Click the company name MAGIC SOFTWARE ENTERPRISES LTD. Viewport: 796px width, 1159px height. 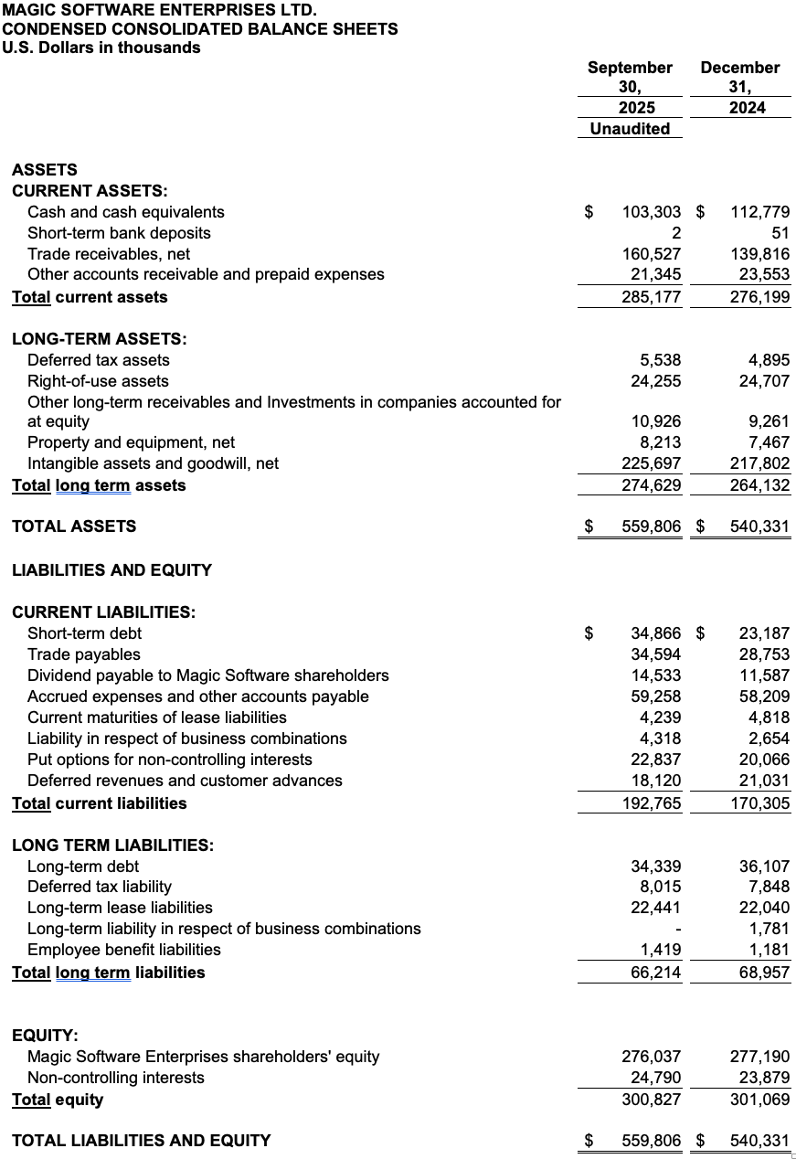click(x=160, y=10)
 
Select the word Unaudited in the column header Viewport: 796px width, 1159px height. click(x=630, y=129)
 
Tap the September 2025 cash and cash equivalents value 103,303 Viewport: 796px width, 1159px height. click(x=651, y=212)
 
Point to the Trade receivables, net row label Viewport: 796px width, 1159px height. click(x=109, y=254)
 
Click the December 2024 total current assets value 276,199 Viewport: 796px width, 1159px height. click(x=760, y=297)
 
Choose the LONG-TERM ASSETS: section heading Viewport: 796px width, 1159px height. click(x=100, y=339)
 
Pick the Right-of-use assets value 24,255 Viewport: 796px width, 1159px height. click(x=655, y=381)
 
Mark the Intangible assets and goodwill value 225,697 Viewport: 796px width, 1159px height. click(x=651, y=463)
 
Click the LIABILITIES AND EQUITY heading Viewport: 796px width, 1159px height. click(x=111, y=570)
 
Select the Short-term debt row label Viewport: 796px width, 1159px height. click(x=85, y=633)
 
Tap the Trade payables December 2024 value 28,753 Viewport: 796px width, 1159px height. click(x=764, y=654)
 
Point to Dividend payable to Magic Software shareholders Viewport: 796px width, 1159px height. click(x=208, y=675)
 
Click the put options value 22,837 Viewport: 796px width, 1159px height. click(x=655, y=760)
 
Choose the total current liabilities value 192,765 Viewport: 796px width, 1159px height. click(x=651, y=803)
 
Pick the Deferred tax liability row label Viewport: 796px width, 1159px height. click(x=100, y=887)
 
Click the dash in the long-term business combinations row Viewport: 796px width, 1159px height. click(x=676, y=929)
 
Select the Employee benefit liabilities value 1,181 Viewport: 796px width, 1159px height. click(x=769, y=950)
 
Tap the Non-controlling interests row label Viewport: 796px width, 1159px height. click(x=116, y=1078)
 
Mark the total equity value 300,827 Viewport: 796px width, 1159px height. click(x=651, y=1100)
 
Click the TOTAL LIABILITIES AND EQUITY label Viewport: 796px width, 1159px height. click(x=141, y=1140)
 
